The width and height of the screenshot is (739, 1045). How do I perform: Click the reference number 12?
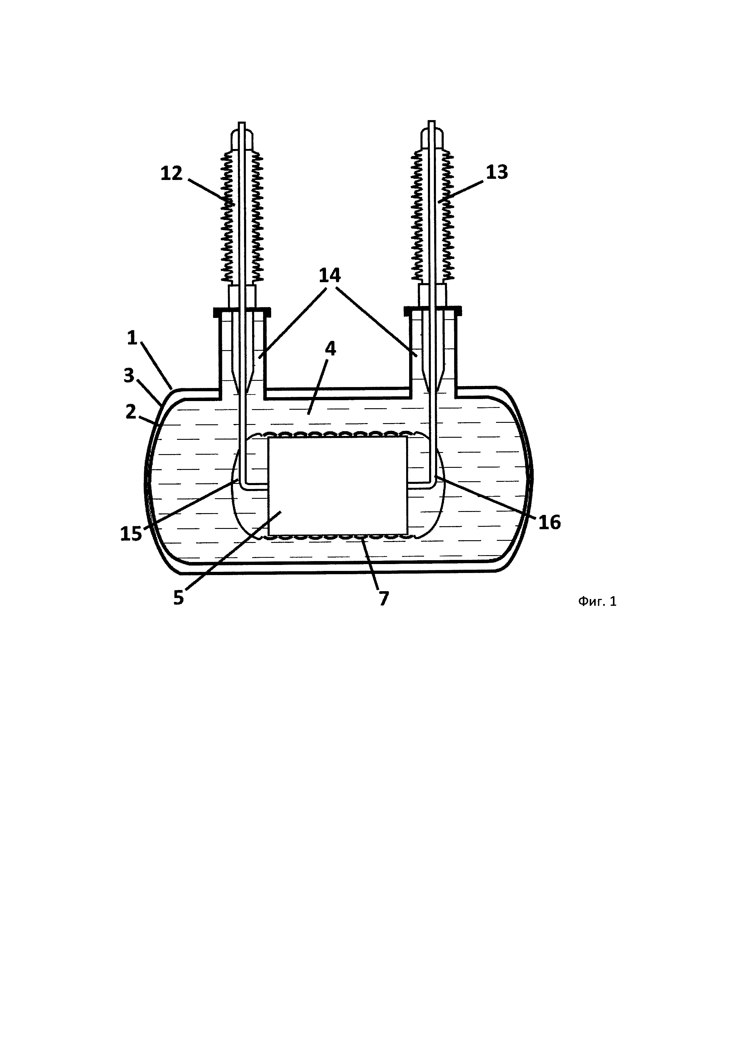coord(172,173)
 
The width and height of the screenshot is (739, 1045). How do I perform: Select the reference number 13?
coord(497,173)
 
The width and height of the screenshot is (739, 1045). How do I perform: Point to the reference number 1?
coord(132,338)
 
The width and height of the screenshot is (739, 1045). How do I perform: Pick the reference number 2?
coord(131,412)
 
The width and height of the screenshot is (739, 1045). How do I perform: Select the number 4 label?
coord(330,349)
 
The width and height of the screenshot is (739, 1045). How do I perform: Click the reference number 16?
coord(550,523)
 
